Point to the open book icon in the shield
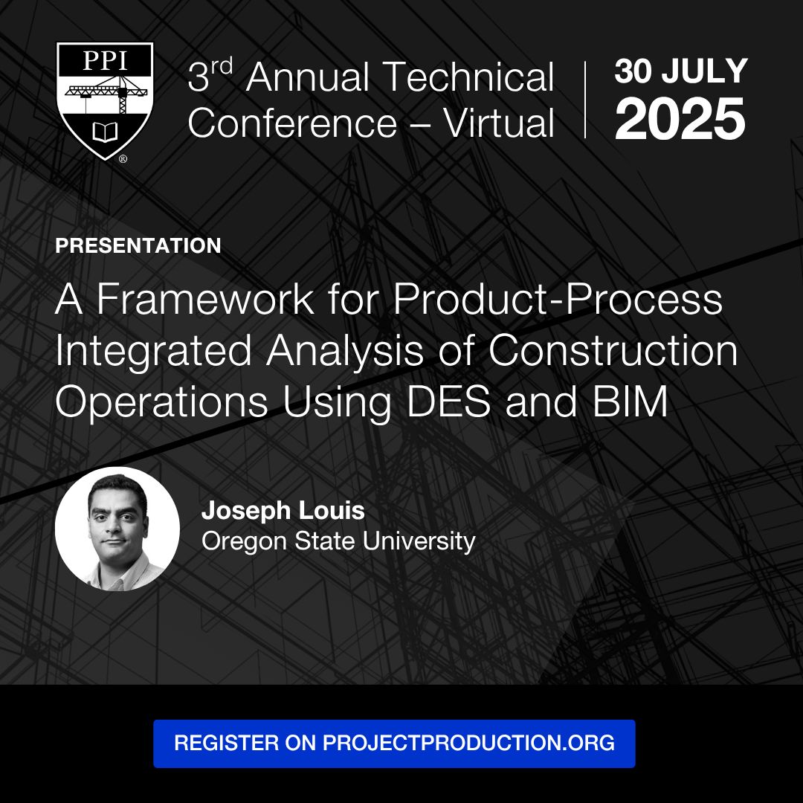coord(105,132)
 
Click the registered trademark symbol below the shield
coord(123,159)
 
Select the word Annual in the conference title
coord(307,77)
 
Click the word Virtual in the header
coord(499,123)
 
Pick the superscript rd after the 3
coord(222,66)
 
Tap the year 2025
coord(680,119)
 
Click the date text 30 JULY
coord(681,71)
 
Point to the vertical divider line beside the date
coord(585,100)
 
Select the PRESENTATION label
coord(138,246)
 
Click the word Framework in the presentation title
coord(205,299)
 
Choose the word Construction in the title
coord(613,350)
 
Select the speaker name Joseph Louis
coord(283,511)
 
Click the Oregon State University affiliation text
coord(338,541)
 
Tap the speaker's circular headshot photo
coord(117,529)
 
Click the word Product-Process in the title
coord(558,299)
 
